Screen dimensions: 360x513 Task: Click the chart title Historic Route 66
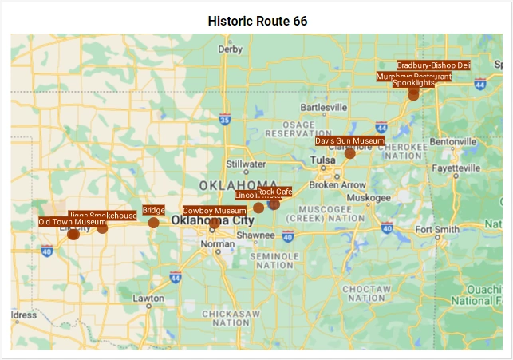point(257,21)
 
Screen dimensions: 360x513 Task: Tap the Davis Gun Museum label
point(349,140)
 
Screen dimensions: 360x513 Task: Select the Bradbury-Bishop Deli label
point(433,65)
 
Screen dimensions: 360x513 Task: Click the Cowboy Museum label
point(214,211)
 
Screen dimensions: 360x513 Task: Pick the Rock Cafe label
point(274,192)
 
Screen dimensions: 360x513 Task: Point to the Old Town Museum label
point(72,222)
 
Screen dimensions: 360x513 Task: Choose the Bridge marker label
point(153,210)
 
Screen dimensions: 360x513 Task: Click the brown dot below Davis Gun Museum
point(349,153)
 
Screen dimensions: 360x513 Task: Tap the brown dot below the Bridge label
point(153,223)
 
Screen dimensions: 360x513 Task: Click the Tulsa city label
point(323,160)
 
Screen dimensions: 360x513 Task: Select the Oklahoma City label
point(212,221)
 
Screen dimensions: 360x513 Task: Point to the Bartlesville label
point(324,106)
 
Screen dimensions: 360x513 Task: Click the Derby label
point(230,49)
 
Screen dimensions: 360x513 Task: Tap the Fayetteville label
point(456,168)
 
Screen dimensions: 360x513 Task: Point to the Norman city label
point(218,244)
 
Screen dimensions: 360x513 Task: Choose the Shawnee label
point(255,235)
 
